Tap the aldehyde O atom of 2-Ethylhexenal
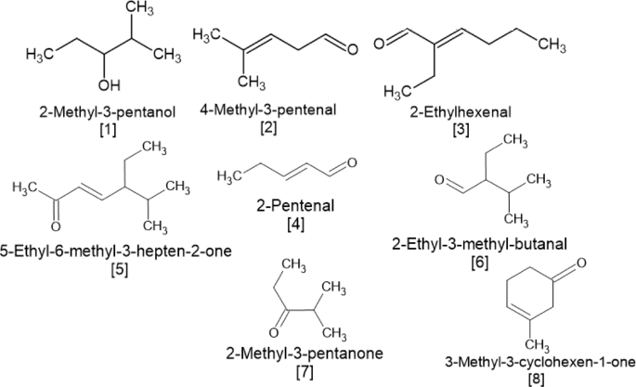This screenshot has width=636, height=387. coord(380,41)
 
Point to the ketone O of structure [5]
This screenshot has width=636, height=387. coord(55,226)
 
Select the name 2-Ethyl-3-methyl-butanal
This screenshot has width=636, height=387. coord(467,243)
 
